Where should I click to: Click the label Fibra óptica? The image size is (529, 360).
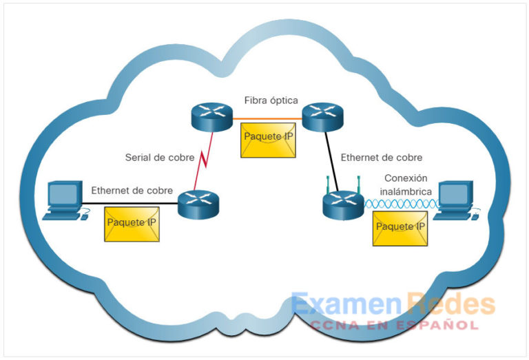click(271, 100)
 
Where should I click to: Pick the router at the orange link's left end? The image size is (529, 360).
click(211, 116)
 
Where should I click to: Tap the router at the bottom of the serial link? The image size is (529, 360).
click(198, 204)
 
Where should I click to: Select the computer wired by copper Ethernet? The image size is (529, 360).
click(63, 200)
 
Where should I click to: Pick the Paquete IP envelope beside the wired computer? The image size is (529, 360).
click(131, 224)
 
